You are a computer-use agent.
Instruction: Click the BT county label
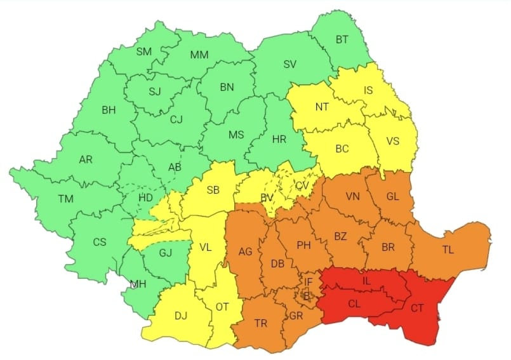pos(342,40)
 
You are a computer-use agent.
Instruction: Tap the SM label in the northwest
pos(143,51)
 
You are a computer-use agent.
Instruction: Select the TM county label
pos(65,199)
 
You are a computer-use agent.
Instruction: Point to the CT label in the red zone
pos(417,308)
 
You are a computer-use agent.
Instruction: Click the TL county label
pos(448,250)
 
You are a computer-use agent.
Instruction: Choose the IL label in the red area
pos(366,280)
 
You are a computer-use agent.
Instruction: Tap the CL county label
pos(355,303)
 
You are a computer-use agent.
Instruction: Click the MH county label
pos(138,284)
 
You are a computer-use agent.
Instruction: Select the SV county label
pos(290,64)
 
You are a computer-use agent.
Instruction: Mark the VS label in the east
pos(392,141)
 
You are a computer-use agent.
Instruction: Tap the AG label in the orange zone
pos(245,252)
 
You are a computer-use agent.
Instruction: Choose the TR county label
pos(261,323)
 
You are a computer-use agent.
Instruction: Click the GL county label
pos(392,196)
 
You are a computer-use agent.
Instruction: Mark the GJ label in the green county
pos(165,252)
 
